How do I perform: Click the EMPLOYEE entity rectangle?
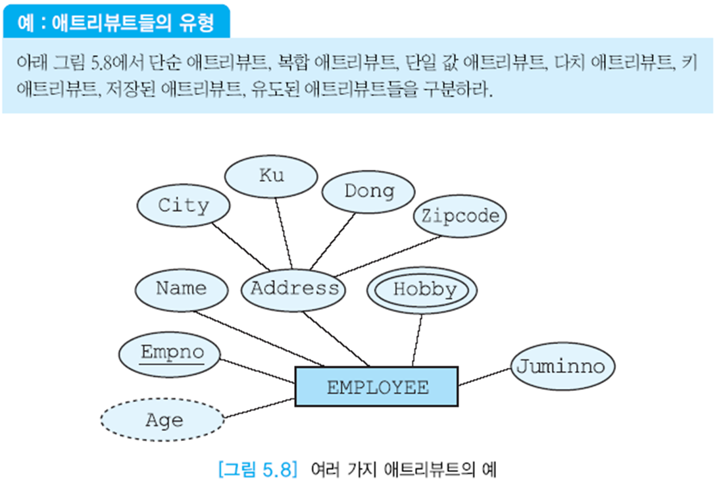376,386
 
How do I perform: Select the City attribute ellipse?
183,205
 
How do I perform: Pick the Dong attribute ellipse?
368,191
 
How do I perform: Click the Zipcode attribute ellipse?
460,215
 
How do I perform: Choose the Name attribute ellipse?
181,288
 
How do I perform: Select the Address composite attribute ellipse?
294,288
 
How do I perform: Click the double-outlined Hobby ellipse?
422,290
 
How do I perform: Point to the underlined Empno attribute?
172,353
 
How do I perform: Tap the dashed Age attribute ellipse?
163,420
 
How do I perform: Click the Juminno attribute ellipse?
559,366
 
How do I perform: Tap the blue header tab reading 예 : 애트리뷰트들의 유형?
117,21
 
